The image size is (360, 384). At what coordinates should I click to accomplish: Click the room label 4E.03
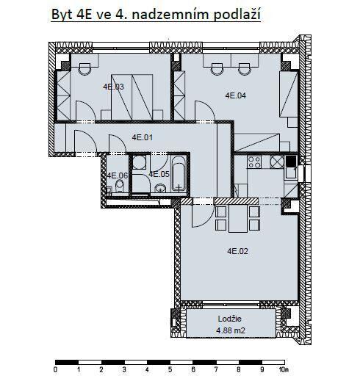(113, 87)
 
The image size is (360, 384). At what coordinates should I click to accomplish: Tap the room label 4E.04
(236, 95)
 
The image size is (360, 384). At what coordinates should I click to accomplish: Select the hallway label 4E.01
(143, 137)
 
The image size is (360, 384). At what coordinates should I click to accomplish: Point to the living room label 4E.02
(238, 251)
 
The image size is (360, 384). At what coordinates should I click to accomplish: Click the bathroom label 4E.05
(159, 174)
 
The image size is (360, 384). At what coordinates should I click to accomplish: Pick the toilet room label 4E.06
(118, 175)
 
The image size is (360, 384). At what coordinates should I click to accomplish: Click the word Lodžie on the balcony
(230, 319)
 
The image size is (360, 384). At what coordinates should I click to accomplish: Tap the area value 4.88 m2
(231, 330)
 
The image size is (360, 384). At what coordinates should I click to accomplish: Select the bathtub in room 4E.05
(179, 173)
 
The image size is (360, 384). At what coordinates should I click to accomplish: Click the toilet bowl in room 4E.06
(120, 186)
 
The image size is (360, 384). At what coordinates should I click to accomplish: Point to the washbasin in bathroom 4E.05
(160, 188)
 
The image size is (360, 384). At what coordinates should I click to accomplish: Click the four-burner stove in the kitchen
(254, 162)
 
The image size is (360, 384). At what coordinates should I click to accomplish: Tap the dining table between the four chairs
(238, 219)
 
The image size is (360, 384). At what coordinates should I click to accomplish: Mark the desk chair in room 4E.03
(84, 69)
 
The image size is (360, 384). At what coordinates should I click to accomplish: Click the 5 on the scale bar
(170, 369)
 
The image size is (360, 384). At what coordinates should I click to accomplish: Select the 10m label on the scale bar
(284, 369)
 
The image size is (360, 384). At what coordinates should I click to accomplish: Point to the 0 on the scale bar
(55, 369)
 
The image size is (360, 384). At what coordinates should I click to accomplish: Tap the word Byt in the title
(62, 15)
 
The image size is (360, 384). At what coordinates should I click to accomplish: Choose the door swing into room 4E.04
(205, 110)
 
